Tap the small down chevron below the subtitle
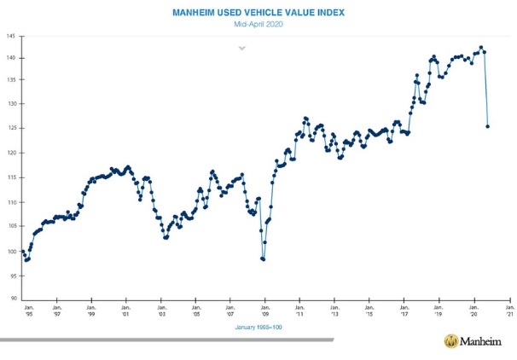[x=242, y=48]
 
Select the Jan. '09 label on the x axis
[x=265, y=310]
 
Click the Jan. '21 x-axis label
[x=509, y=310]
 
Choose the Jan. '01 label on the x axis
[x=126, y=310]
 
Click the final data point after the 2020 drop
[x=487, y=126]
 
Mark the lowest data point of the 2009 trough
[x=264, y=259]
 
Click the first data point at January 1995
[x=23, y=252]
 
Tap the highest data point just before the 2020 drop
[x=481, y=47]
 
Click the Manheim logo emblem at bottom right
[x=451, y=341]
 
